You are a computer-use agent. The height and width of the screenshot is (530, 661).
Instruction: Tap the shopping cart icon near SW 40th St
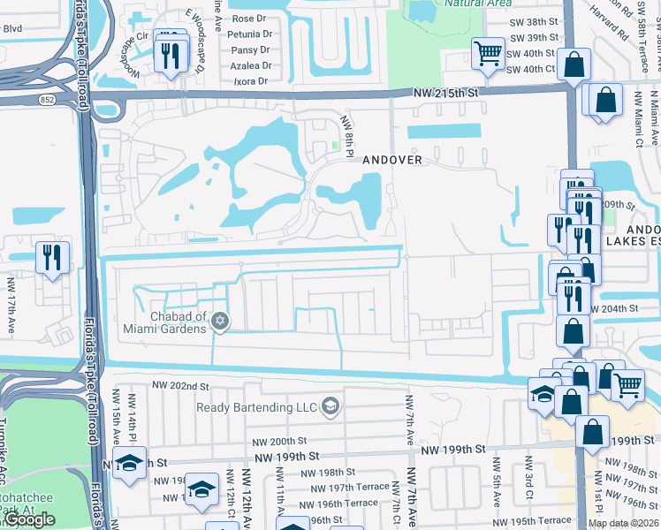coord(488,54)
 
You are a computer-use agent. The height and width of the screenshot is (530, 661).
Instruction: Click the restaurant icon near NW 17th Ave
coord(52,257)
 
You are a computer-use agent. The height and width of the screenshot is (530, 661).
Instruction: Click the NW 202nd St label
coord(179,386)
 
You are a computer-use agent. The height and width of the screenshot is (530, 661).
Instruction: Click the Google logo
coord(28,520)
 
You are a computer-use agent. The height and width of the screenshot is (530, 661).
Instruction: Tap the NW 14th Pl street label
coord(133,415)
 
